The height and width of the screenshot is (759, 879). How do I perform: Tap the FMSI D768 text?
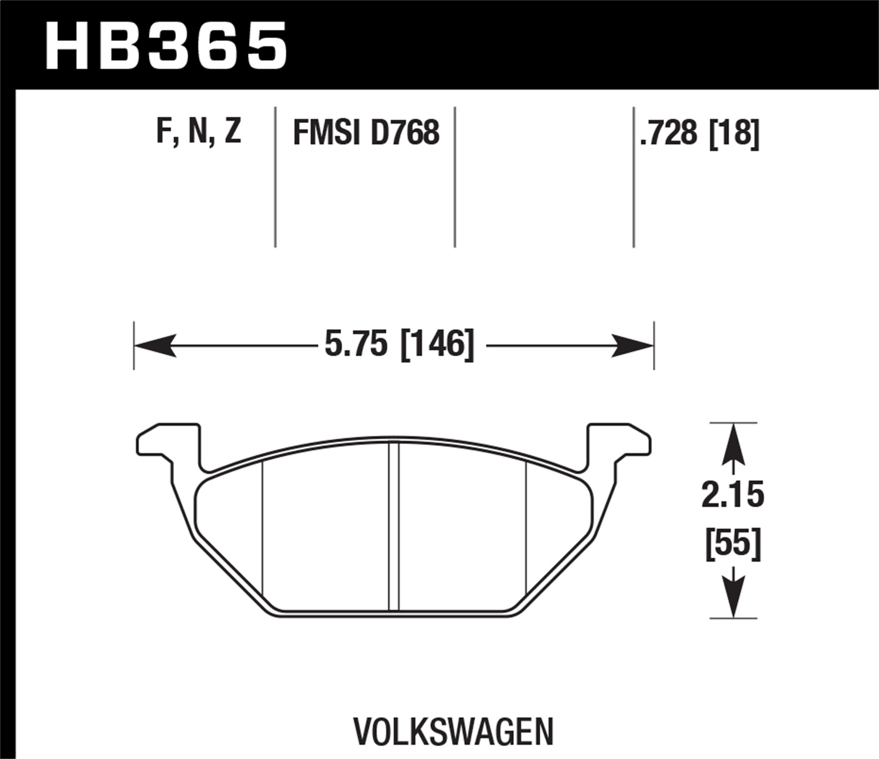366,132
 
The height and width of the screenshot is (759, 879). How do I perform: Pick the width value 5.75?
356,344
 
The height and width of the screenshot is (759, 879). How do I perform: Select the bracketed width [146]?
436,344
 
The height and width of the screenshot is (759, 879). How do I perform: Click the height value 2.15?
732,495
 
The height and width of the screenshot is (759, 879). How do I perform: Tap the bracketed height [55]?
732,543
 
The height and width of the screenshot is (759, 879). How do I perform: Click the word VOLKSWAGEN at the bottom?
454,731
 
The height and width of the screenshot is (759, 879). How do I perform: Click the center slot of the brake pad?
394,527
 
